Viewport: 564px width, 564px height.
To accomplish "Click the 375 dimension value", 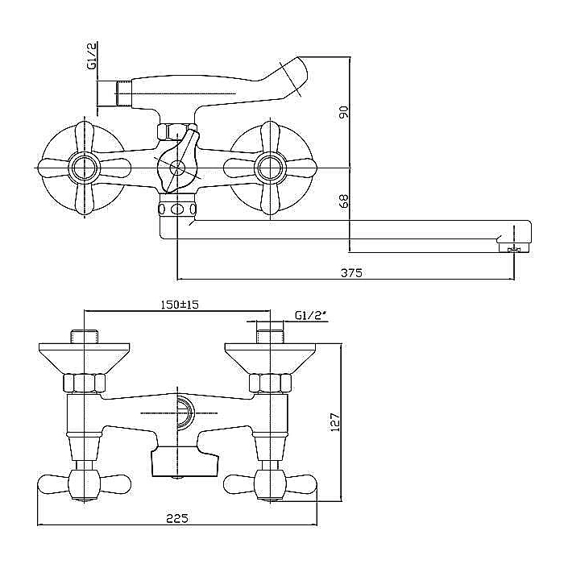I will pyautogui.click(x=351, y=272).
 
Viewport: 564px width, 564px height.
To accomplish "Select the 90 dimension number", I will pyautogui.click(x=344, y=113).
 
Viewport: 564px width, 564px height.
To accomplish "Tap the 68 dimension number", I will pyautogui.click(x=344, y=201).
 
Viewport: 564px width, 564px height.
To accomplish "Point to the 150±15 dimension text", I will pyautogui.click(x=178, y=305).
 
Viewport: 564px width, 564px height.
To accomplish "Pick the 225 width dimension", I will pyautogui.click(x=178, y=518).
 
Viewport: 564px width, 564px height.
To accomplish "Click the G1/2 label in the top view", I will pyautogui.click(x=91, y=56).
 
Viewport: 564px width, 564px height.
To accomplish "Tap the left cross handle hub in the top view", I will pyautogui.click(x=81, y=168).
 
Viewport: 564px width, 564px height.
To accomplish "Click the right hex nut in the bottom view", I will pyautogui.click(x=270, y=384).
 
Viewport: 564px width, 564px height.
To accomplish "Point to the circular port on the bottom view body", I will pyautogui.click(x=185, y=413).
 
